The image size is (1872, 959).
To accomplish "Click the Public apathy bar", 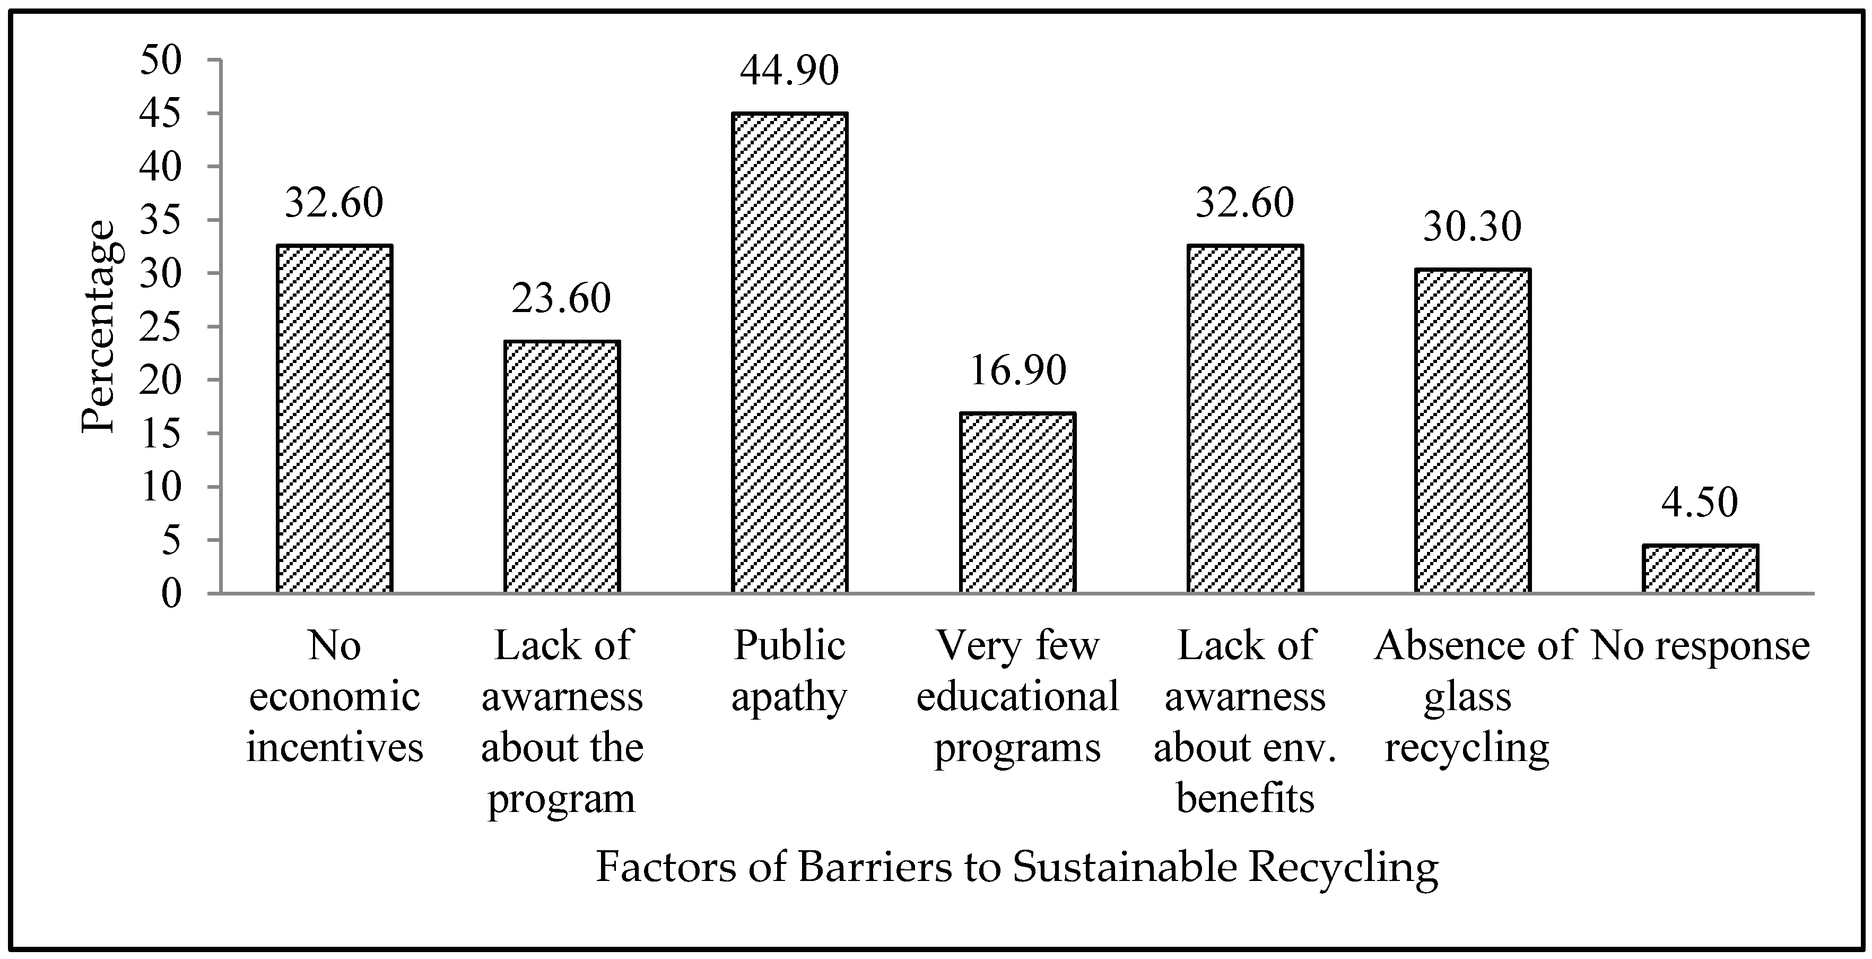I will (x=789, y=353).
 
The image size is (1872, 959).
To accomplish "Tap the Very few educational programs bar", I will (x=1017, y=503).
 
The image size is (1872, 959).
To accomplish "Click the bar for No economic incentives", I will (x=334, y=419).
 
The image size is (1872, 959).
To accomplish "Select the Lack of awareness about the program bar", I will (x=562, y=468).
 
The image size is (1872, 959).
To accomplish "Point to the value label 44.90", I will (x=789, y=71).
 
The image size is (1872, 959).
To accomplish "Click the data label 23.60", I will (x=562, y=299).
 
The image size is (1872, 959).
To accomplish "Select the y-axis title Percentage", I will (x=98, y=327).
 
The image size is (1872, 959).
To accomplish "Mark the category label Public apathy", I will (x=789, y=671).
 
